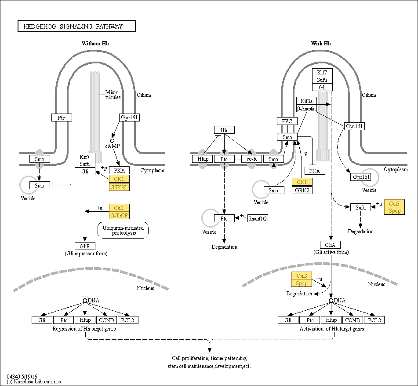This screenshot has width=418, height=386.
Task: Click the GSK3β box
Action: tap(119, 187)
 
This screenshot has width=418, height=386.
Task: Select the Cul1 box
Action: tap(119, 208)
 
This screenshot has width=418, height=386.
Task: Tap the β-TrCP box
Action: tap(119, 215)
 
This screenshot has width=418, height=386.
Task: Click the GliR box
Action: tap(85, 246)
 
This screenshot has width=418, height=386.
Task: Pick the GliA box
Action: tap(330, 245)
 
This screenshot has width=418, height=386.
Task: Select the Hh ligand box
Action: tap(224, 130)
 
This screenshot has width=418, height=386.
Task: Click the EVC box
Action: tap(287, 121)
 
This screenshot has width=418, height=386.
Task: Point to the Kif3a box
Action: tap(306, 101)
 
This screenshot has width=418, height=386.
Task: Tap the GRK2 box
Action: tap(302, 190)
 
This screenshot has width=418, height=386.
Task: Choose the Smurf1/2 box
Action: tap(258, 219)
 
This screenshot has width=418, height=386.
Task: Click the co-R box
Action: tap(252, 159)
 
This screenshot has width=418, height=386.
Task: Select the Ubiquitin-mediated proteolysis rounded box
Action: tap(123, 230)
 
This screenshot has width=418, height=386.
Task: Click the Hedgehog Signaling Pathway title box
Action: tap(76, 26)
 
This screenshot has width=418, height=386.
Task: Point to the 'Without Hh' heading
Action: tap(95, 44)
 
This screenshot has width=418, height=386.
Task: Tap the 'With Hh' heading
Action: tap(321, 44)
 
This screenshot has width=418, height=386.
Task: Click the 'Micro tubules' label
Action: tap(113, 95)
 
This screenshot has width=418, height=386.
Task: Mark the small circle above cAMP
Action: tap(112, 141)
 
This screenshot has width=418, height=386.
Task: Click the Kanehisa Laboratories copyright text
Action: tap(34, 382)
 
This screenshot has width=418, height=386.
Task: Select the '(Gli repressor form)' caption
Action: tap(86, 254)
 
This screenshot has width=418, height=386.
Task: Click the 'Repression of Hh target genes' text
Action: tap(84, 329)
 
